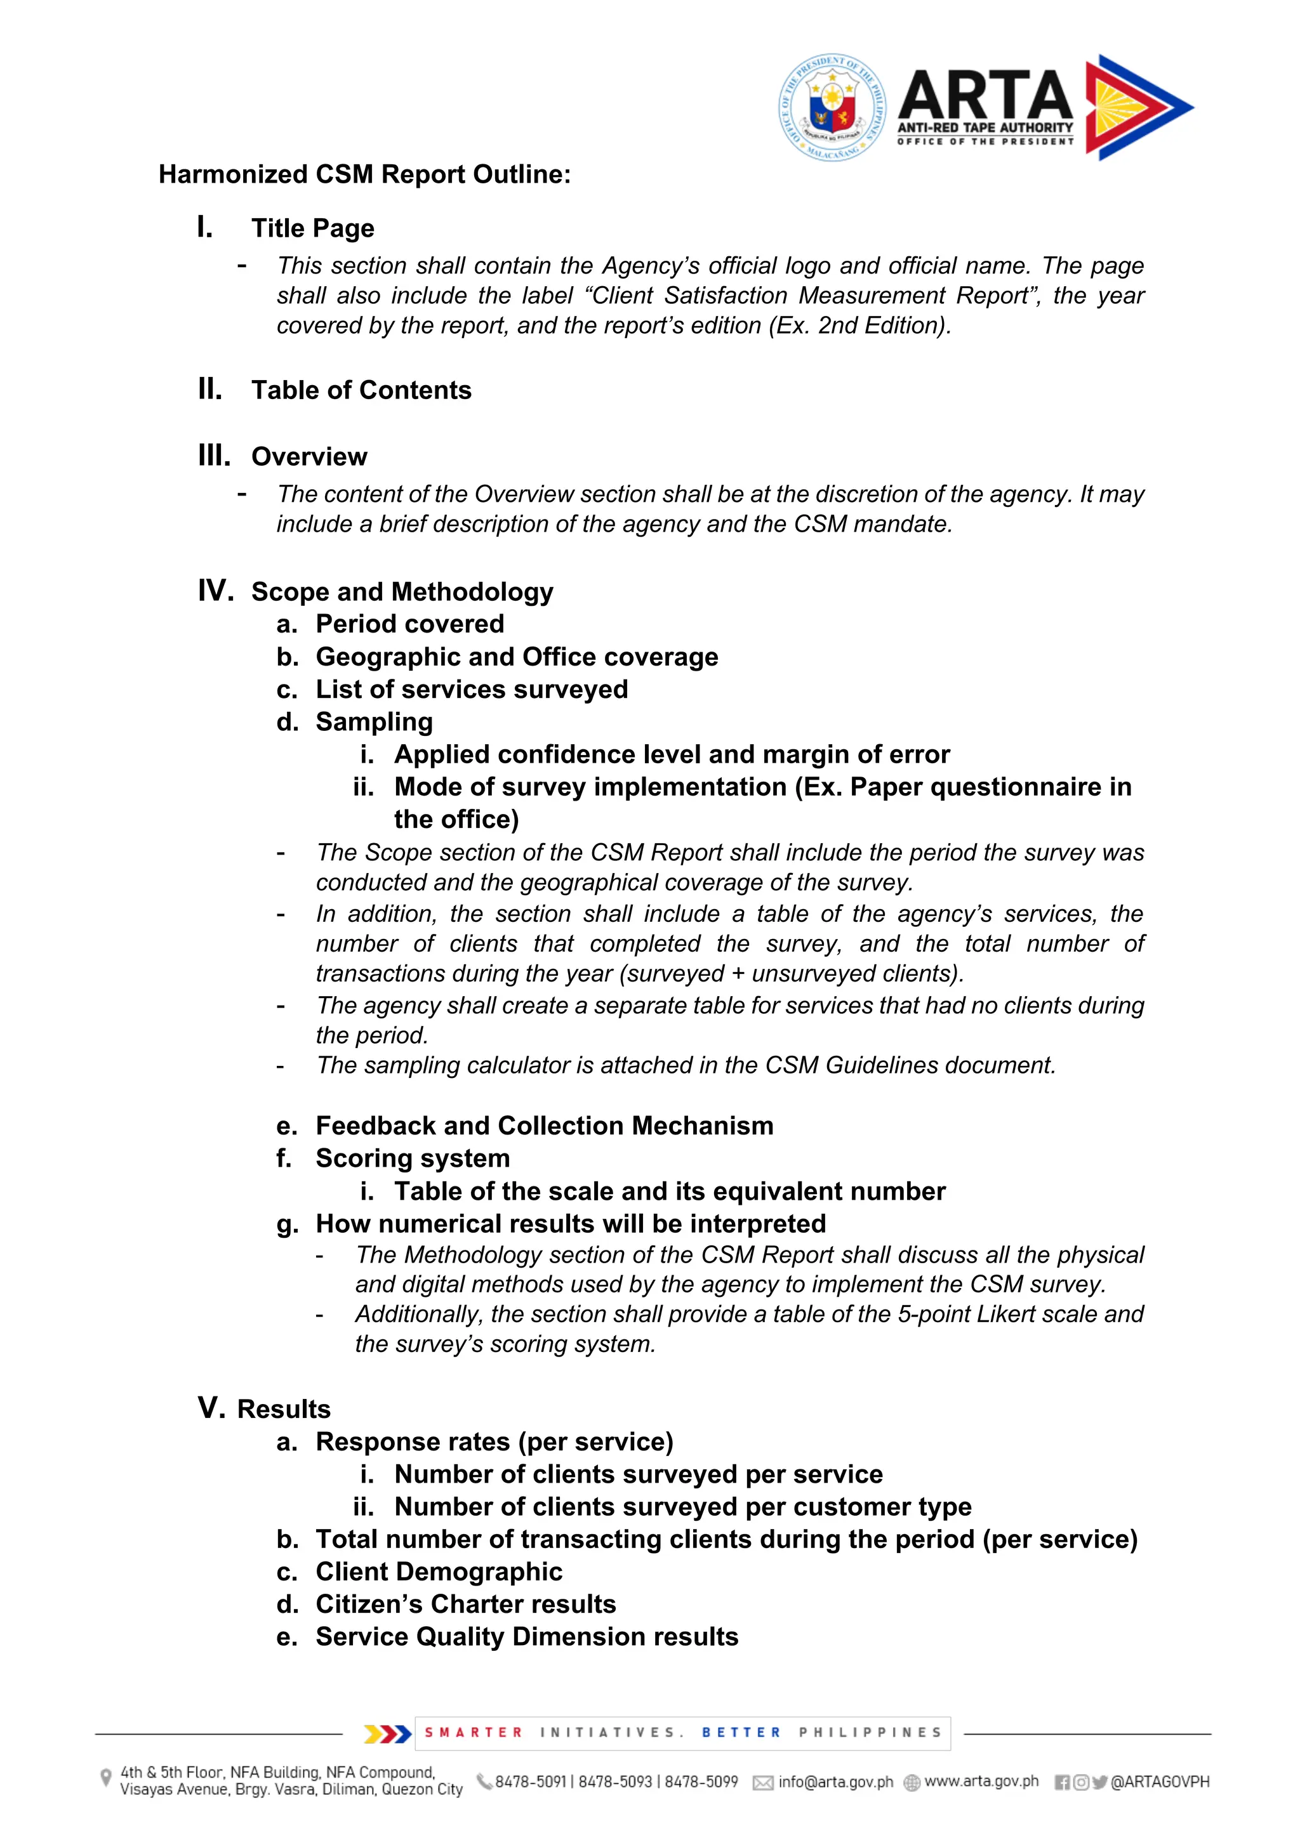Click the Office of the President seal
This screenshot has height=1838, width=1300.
click(833, 107)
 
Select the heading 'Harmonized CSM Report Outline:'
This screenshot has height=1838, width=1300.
click(364, 174)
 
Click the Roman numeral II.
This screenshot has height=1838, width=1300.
click(210, 389)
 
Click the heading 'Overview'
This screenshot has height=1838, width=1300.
click(309, 456)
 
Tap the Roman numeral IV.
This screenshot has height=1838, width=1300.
click(215, 591)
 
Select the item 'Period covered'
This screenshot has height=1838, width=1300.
click(409, 624)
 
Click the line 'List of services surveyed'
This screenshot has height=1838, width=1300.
click(471, 689)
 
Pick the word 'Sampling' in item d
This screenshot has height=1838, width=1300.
click(374, 721)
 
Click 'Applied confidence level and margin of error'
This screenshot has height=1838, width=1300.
click(671, 754)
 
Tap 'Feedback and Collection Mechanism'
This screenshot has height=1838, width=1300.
click(544, 1126)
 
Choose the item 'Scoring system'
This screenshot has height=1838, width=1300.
click(413, 1159)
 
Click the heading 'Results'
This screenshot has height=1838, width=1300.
click(284, 1409)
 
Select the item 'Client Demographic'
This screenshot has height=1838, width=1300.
click(438, 1572)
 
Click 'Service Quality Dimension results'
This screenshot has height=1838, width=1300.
click(526, 1636)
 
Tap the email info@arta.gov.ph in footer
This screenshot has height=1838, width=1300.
click(835, 1782)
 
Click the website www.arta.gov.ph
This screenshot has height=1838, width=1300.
click(981, 1781)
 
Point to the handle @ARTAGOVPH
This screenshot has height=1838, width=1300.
click(1159, 1782)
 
